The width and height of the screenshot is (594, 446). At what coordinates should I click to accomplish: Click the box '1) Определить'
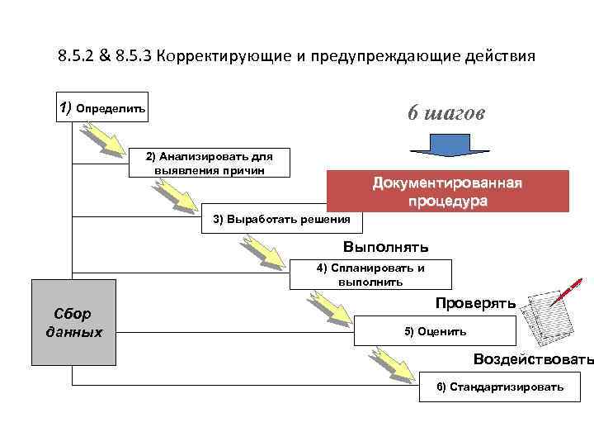(x=102, y=107)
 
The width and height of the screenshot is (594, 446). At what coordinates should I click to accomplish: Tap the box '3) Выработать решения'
(x=281, y=219)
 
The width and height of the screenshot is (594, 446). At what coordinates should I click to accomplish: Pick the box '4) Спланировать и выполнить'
(x=370, y=274)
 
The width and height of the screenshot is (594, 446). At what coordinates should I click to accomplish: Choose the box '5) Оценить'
(x=435, y=331)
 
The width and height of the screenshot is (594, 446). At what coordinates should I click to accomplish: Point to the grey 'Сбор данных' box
(x=73, y=323)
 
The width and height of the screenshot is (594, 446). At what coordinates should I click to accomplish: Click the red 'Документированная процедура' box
(x=448, y=191)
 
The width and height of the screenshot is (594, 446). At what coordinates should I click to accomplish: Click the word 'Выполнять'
(x=385, y=247)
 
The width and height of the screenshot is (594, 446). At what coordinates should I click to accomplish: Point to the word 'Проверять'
(x=475, y=303)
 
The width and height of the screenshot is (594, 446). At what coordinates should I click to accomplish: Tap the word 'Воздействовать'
(x=533, y=359)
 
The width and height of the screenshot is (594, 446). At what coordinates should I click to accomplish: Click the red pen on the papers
(x=568, y=290)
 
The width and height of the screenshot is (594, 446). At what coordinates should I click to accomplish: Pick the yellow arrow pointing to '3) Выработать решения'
(x=177, y=193)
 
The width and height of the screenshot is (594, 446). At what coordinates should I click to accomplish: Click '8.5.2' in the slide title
(x=78, y=57)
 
